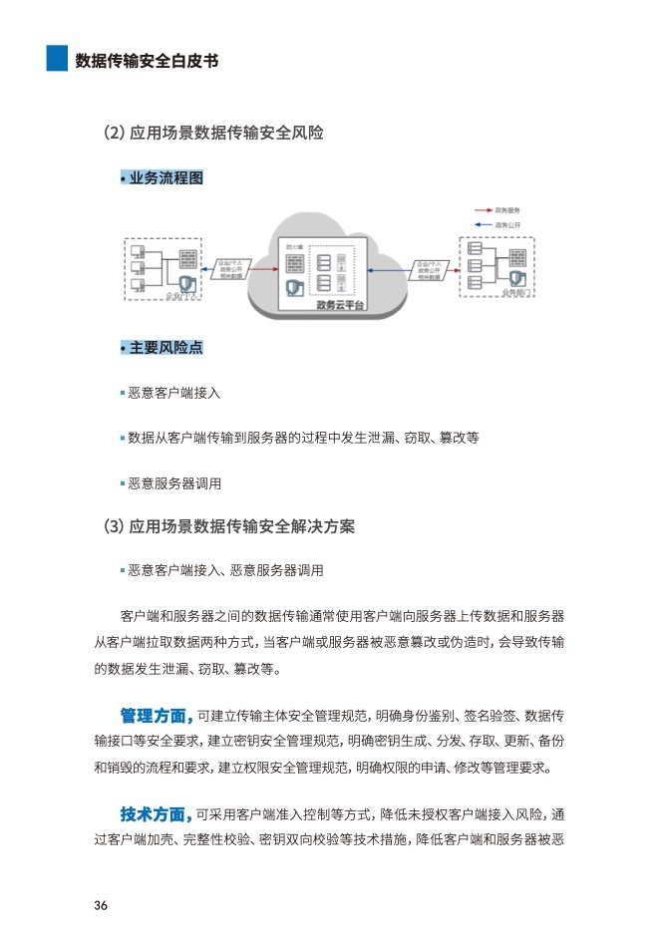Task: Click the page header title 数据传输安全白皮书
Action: click(x=147, y=60)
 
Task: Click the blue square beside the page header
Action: click(x=57, y=59)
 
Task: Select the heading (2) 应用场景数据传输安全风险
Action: click(x=213, y=133)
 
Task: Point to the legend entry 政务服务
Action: click(x=507, y=210)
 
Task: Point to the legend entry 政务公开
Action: click(x=507, y=225)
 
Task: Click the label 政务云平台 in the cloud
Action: click(x=340, y=305)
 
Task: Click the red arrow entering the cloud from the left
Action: click(x=261, y=268)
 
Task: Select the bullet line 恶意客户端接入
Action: click(x=174, y=393)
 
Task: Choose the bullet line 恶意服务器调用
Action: click(x=174, y=483)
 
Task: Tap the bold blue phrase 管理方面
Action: click(x=155, y=716)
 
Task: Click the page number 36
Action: click(x=101, y=905)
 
